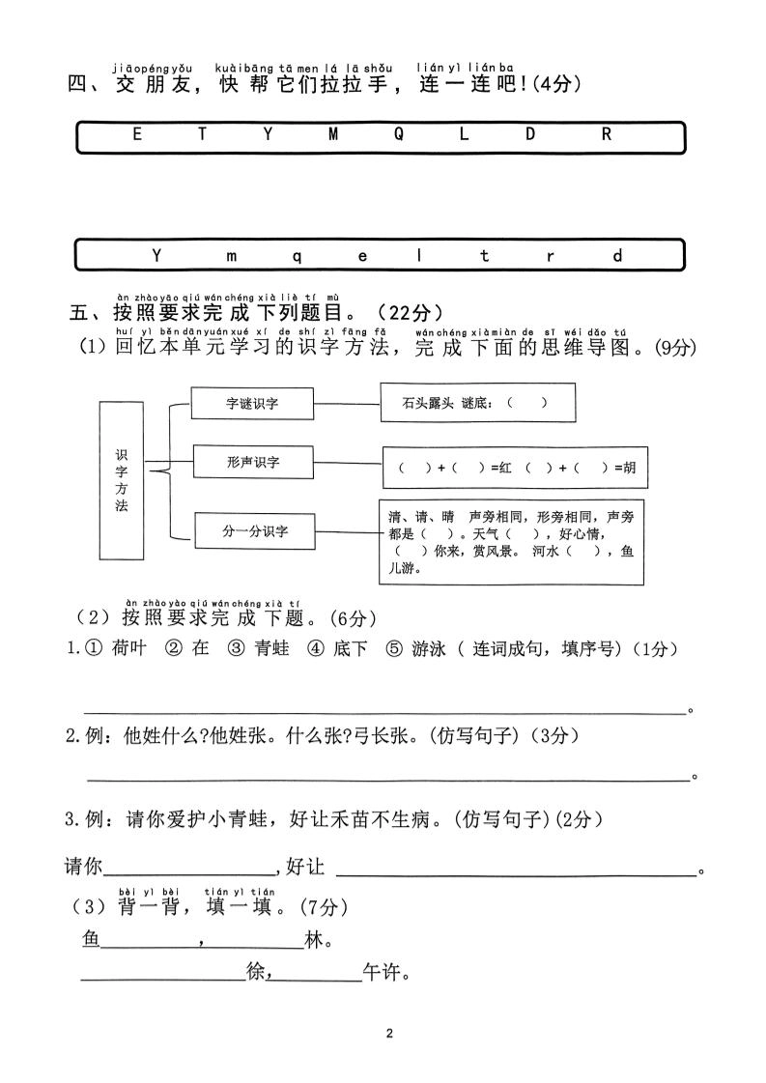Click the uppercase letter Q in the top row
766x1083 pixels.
tap(398, 135)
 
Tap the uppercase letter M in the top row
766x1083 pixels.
tap(333, 135)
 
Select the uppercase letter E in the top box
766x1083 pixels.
tap(137, 135)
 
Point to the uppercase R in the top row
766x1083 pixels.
tap(607, 135)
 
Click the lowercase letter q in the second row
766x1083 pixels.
tap(297, 256)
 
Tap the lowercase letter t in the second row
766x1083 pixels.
tap(485, 256)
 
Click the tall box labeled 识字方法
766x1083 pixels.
tap(121, 480)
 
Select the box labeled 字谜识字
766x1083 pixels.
tap(252, 403)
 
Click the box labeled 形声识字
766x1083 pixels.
tap(252, 463)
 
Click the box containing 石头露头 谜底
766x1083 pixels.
tap(477, 403)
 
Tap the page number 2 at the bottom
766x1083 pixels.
tap(389, 1034)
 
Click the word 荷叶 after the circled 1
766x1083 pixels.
tap(128, 649)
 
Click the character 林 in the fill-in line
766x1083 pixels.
tap(313, 939)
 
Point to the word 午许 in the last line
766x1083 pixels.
tap(383, 973)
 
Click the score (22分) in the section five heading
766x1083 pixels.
tap(411, 312)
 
